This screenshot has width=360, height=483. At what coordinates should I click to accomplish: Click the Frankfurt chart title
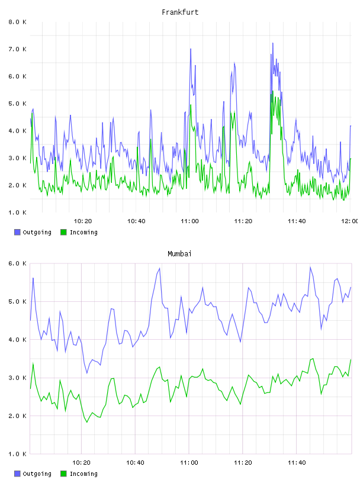click(x=180, y=12)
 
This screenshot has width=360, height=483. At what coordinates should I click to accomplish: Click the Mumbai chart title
click(x=179, y=254)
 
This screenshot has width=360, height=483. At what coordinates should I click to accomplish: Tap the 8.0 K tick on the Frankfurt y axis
click(x=17, y=22)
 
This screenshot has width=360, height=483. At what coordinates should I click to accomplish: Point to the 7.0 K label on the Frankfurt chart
click(x=17, y=49)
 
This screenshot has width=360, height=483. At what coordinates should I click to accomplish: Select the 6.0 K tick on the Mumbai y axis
click(x=17, y=263)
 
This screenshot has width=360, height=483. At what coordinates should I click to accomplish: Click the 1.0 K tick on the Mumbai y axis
click(x=17, y=454)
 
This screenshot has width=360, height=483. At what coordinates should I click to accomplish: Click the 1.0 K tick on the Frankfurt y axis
click(x=17, y=212)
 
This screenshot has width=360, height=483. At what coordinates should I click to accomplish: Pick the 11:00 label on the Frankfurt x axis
click(x=189, y=221)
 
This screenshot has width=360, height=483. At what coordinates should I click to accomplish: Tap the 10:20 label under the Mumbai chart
click(x=81, y=463)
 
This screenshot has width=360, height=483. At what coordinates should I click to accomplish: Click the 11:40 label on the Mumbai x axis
click(x=297, y=463)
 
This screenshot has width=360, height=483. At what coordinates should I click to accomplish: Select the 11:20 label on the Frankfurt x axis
click(x=243, y=221)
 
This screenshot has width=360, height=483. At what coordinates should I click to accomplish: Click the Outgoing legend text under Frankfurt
click(x=37, y=233)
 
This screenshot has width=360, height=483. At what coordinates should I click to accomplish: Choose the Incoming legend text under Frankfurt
click(x=83, y=233)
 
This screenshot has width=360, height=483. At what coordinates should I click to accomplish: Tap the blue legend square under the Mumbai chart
click(x=17, y=474)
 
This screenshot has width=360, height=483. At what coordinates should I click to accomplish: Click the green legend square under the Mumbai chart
click(x=63, y=474)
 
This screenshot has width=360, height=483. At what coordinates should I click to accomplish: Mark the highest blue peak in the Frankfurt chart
click(x=273, y=43)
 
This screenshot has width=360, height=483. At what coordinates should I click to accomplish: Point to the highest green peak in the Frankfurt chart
click(x=273, y=91)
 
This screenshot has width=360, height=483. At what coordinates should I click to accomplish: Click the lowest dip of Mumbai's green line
click(x=87, y=422)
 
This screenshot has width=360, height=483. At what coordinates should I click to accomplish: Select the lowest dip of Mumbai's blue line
click(x=87, y=373)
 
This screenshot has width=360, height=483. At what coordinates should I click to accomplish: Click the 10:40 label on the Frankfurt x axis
click(x=136, y=221)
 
